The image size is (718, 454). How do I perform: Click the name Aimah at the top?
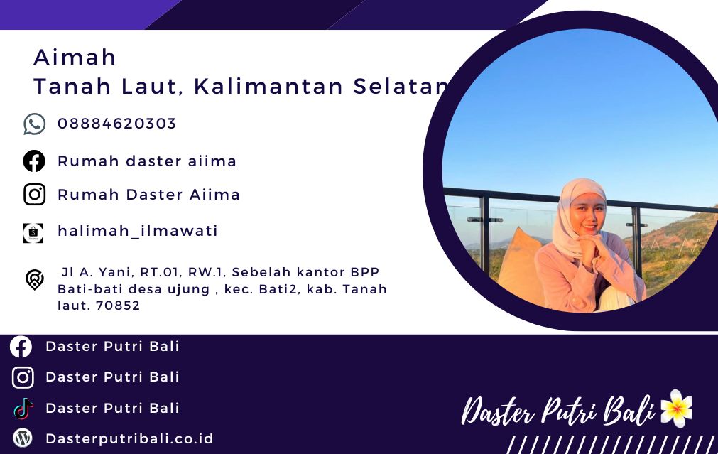tap(75, 58)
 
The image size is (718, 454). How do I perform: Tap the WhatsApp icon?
tap(34, 124)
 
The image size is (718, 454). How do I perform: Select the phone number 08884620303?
tap(116, 123)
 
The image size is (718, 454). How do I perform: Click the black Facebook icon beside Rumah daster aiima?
tap(34, 161)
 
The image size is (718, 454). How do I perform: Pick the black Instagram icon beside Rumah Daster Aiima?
tap(34, 194)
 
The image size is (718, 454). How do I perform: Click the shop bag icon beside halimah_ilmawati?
tap(33, 233)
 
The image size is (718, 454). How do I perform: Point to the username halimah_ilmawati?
tap(137, 231)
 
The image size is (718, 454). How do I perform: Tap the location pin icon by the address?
tap(34, 279)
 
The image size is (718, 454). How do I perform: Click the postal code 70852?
tap(118, 306)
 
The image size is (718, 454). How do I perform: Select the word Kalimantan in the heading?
tap(268, 86)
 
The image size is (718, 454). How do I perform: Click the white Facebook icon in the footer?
tap(21, 347)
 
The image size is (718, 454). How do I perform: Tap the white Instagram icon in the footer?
tap(23, 377)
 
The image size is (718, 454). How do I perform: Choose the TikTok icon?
tap(23, 409)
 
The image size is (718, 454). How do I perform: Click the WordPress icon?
tap(23, 438)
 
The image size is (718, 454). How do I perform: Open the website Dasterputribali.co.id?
tap(129, 439)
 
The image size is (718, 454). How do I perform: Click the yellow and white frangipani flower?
tap(676, 409)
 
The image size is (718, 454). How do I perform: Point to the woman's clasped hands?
tap(592, 246)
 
